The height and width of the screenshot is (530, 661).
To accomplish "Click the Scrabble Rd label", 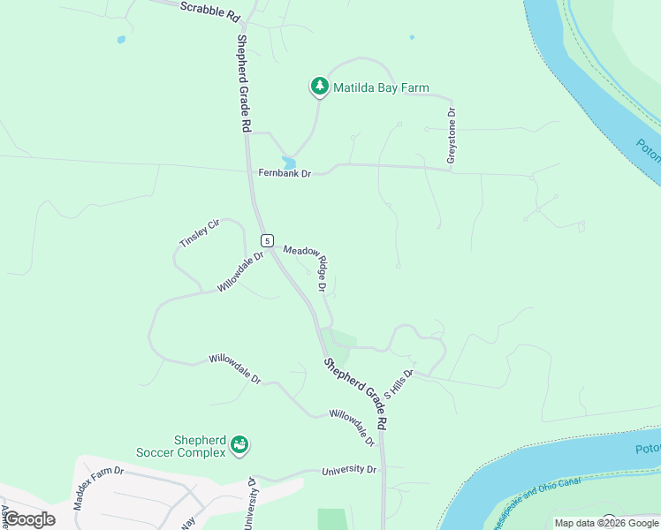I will pyautogui.click(x=209, y=11).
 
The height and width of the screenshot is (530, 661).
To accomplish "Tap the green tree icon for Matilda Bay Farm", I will pyautogui.click(x=319, y=87).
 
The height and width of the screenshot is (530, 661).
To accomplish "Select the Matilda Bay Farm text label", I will pyautogui.click(x=381, y=87).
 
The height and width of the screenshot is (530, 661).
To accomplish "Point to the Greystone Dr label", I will pyautogui.click(x=452, y=135).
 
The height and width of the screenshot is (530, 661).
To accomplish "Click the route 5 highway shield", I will pyautogui.click(x=266, y=240).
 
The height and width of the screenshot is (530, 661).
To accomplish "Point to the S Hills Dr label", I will pyautogui.click(x=399, y=384).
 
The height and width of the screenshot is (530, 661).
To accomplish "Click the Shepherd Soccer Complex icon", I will pyautogui.click(x=239, y=446).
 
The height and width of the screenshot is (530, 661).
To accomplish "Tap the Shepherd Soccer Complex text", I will pyautogui.click(x=187, y=447).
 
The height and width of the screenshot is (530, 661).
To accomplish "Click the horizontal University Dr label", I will pyautogui.click(x=349, y=470).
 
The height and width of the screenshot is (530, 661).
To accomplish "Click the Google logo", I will pyautogui.click(x=30, y=519).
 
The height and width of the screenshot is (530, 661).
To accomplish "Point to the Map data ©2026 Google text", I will pyautogui.click(x=606, y=523).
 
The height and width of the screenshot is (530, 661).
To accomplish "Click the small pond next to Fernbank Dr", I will pyautogui.click(x=289, y=163).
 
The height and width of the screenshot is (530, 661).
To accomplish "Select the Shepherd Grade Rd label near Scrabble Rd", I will pyautogui.click(x=243, y=84).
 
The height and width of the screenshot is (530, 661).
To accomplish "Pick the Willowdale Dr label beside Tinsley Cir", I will pyautogui.click(x=241, y=271).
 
